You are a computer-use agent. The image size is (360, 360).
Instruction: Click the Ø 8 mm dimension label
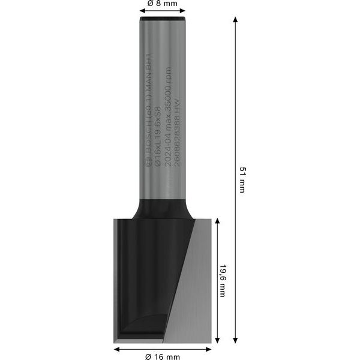click(x=162, y=4)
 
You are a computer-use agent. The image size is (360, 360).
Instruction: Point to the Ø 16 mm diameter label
click(x=163, y=357)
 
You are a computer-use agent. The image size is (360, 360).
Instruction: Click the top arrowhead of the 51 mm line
click(x=235, y=20)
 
